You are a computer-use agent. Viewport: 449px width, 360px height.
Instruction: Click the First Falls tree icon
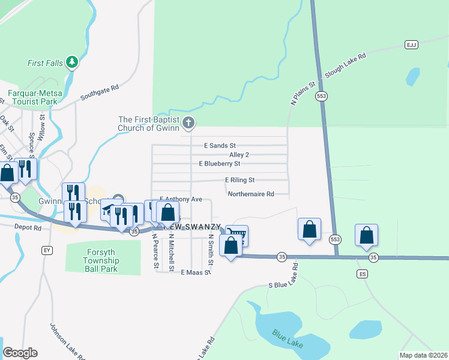71,62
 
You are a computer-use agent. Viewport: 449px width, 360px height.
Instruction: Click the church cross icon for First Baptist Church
188,124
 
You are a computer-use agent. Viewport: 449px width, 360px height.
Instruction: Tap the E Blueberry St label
220,163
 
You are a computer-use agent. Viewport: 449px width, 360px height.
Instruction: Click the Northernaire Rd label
251,194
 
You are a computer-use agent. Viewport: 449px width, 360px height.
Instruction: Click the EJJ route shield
411,45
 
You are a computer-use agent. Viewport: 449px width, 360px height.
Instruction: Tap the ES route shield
362,274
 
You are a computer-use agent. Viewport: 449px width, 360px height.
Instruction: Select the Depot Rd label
29,227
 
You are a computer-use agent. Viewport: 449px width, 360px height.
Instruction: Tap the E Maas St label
196,272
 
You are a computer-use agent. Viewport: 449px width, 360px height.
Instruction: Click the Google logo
20,353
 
